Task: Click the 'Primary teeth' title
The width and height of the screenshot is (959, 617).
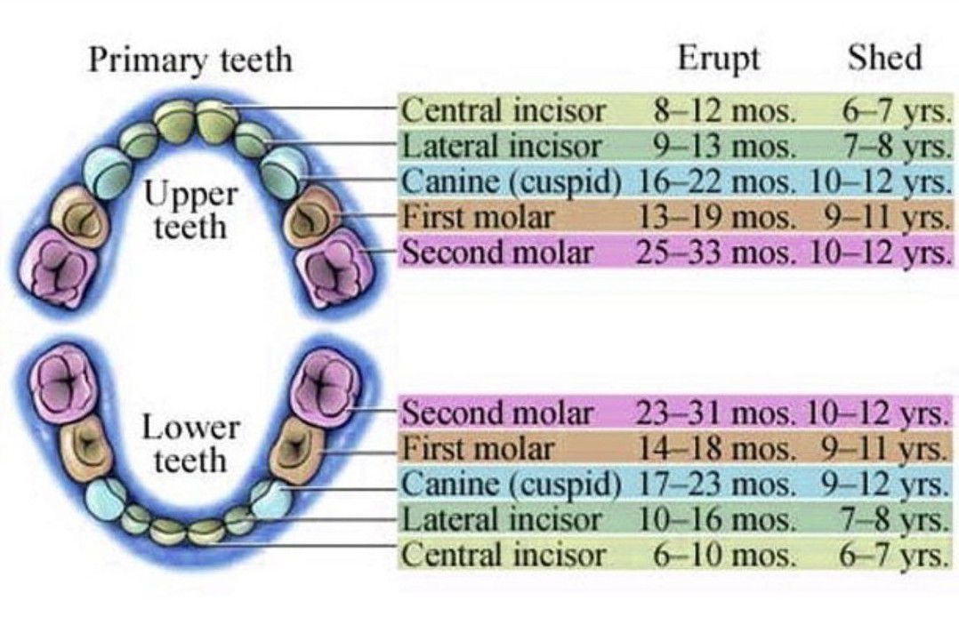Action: [x=189, y=60]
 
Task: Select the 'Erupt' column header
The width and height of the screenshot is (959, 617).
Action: [x=719, y=59]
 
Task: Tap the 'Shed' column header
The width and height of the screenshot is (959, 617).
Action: [x=884, y=59]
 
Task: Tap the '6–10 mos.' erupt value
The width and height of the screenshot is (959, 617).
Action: [x=722, y=556]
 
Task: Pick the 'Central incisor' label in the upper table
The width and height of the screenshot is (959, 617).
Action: [x=504, y=111]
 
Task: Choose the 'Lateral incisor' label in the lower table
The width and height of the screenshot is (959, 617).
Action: [x=502, y=520]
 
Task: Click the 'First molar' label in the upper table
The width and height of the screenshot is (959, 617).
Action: [x=479, y=217]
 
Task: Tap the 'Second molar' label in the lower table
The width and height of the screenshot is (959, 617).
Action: [x=497, y=413]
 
